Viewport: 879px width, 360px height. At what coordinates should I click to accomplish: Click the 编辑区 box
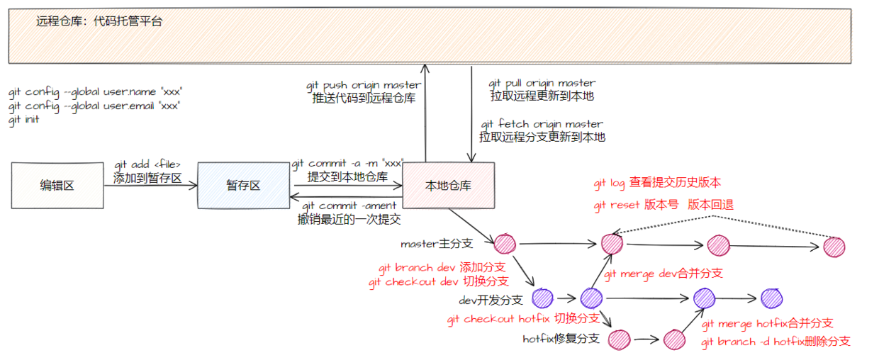57,185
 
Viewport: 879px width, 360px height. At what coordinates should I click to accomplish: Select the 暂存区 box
243,185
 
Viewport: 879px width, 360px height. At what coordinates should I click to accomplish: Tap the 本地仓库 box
448,186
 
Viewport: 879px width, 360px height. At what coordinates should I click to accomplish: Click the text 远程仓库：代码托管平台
99,21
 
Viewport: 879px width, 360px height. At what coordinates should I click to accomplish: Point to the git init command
24,120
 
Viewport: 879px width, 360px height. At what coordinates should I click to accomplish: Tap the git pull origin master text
542,83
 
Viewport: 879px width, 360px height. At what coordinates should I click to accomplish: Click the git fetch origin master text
542,124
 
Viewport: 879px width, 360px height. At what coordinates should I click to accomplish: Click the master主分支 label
436,244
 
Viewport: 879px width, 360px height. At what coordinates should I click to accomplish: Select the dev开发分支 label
491,300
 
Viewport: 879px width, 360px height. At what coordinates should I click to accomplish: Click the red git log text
609,184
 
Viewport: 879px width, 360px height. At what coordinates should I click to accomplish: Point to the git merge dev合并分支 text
663,273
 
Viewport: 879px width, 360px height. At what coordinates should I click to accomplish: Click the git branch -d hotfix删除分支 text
776,342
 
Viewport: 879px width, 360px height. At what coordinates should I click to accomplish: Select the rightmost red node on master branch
834,247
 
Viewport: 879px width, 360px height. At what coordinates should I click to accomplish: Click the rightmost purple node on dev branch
771,298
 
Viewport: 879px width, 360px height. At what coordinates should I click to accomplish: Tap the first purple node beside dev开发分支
542,298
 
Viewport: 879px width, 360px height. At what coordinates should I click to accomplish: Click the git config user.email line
94,106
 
